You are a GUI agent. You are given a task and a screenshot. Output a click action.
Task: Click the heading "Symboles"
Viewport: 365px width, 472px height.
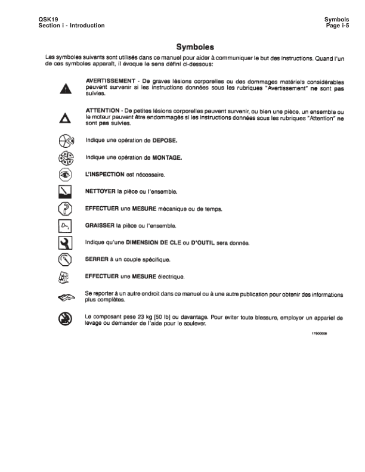[195, 46]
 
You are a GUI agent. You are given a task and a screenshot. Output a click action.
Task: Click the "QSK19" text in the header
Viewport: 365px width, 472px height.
[47, 19]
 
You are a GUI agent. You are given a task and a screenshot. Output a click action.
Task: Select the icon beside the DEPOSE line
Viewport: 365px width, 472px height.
[66, 142]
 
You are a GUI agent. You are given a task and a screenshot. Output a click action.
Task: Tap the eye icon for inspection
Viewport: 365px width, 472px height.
[66, 175]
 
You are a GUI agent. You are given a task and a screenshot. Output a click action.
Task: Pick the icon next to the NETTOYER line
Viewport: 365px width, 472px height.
[66, 192]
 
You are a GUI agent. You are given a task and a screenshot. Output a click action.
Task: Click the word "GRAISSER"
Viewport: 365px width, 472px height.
[101, 226]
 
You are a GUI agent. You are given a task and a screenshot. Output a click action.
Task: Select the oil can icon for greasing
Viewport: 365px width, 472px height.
[66, 226]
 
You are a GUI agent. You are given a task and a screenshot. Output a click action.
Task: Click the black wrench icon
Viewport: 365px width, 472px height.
[66, 243]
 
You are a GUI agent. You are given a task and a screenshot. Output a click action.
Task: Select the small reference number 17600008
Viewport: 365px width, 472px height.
[320, 334]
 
